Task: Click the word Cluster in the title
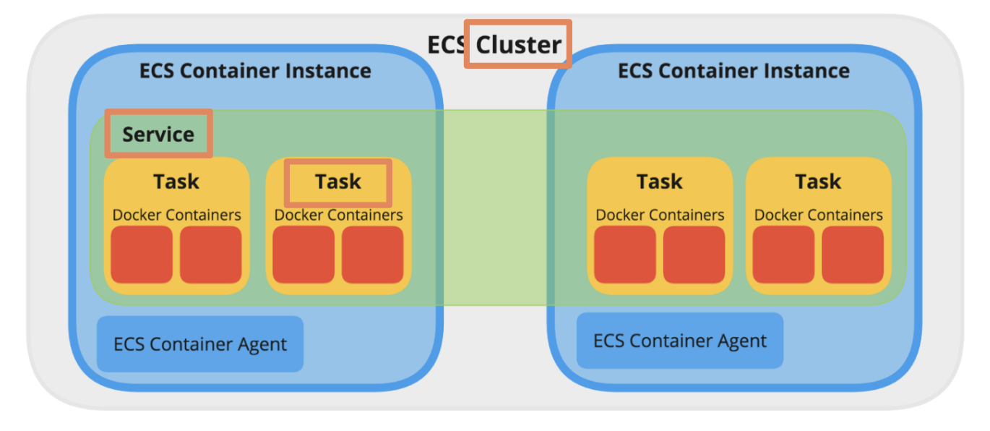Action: [x=519, y=45]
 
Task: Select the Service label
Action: [x=158, y=135]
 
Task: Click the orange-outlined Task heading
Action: [x=338, y=182]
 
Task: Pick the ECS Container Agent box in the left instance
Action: [x=200, y=344]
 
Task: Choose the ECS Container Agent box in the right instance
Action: [x=680, y=341]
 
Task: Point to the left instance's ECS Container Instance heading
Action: [x=255, y=71]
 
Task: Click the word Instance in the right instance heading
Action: [x=809, y=71]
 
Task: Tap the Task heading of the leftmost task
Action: [x=176, y=182]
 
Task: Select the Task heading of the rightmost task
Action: [x=818, y=182]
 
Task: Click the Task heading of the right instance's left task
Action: [x=659, y=182]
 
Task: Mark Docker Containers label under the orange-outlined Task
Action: [x=338, y=215]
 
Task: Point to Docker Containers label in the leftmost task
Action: [x=176, y=215]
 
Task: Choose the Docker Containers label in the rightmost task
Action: [x=818, y=215]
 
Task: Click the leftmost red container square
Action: [x=142, y=255]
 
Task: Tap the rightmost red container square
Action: [x=853, y=255]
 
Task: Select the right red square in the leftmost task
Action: [x=210, y=255]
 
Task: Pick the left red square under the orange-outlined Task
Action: [x=304, y=255]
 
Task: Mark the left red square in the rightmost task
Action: [x=783, y=255]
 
